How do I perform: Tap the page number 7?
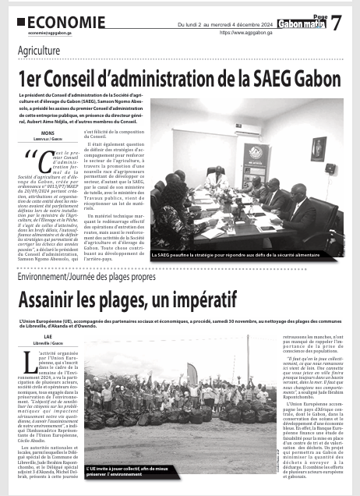click(x=336, y=24)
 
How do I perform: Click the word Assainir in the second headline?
click(x=58, y=301)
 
